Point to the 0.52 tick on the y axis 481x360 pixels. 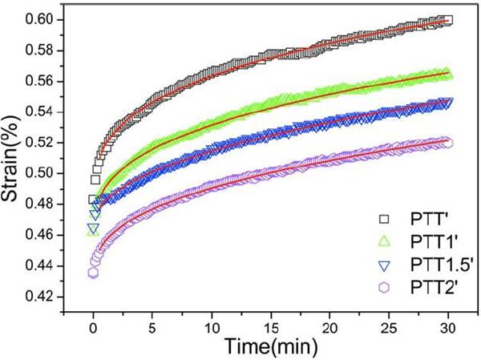coord(42,143)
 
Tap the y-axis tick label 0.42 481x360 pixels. coord(42,297)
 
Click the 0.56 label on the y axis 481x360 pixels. coord(42,81)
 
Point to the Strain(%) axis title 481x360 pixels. coord(14,157)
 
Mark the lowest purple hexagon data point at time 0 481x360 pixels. coord(93,273)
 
